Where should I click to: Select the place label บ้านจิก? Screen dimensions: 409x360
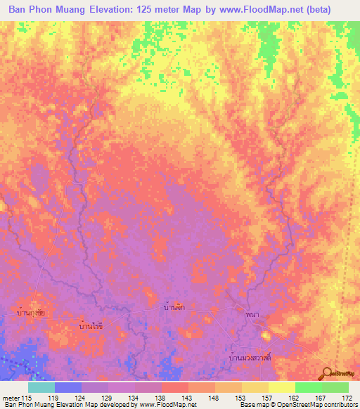[x=172, y=308]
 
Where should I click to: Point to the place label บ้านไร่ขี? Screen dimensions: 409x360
[x=91, y=327]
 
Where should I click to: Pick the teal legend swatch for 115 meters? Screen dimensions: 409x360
[x=41, y=387]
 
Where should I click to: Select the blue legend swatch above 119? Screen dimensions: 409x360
[x=67, y=387]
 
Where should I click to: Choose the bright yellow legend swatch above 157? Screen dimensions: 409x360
[x=281, y=387]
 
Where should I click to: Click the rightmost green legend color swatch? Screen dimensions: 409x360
[x=335, y=387]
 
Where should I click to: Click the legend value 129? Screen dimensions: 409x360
[x=108, y=398]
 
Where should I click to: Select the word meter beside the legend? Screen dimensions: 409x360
[x=11, y=398]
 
